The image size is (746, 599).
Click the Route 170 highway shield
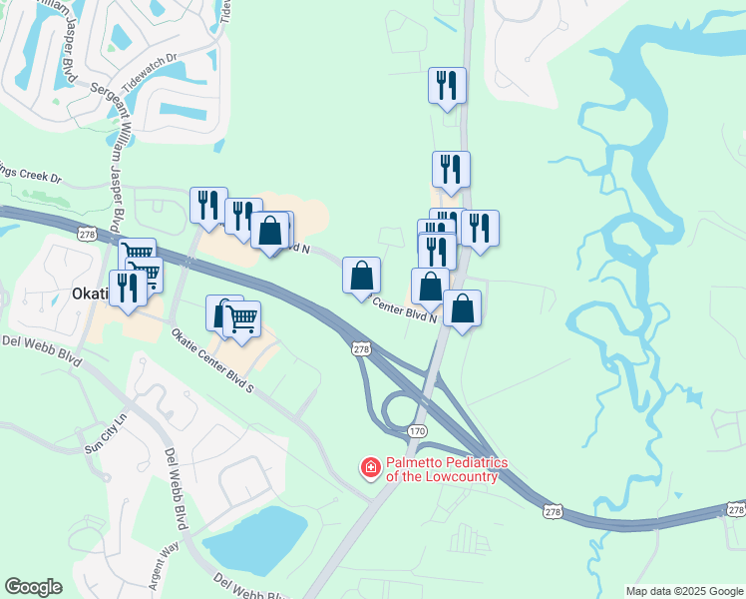pyautogui.click(x=417, y=430)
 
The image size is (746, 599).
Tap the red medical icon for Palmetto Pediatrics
pyautogui.click(x=370, y=467)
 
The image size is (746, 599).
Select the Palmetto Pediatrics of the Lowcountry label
pyautogui.click(x=447, y=469)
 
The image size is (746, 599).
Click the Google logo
pyautogui.click(x=33, y=587)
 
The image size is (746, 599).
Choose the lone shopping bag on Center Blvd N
pyautogui.click(x=361, y=275)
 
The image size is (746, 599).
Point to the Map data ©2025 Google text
pyautogui.click(x=683, y=591)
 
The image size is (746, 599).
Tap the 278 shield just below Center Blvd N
pyautogui.click(x=361, y=349)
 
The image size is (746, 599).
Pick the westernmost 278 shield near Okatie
pyautogui.click(x=87, y=232)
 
